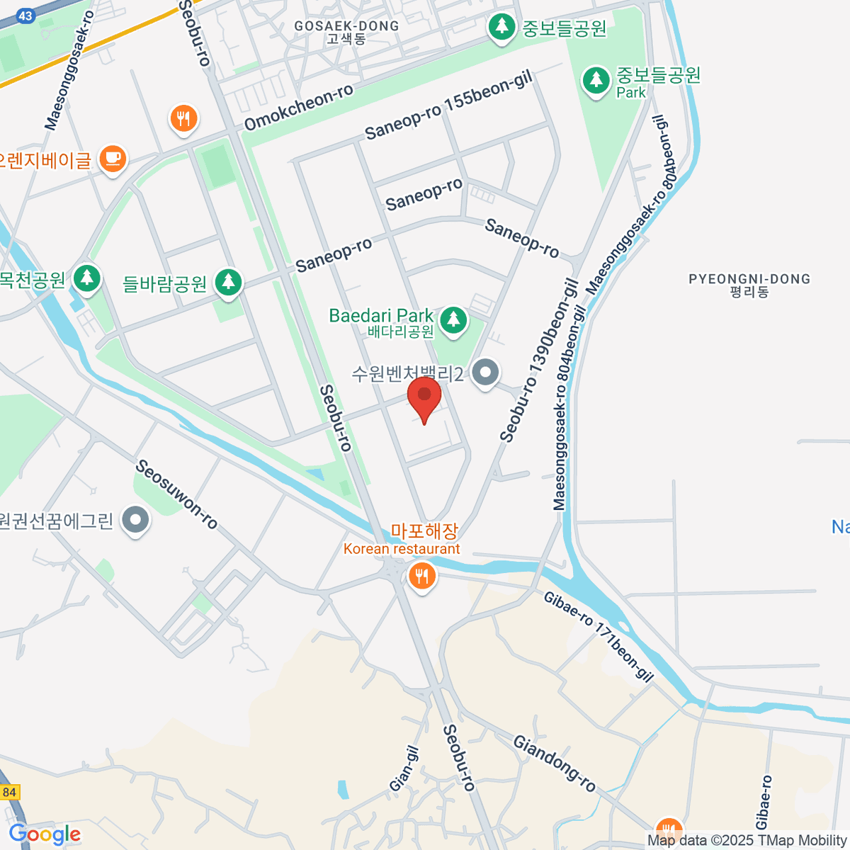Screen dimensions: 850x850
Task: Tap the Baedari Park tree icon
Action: point(453,320)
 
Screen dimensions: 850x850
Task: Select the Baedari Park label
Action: point(381,317)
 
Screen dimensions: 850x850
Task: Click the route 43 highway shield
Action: point(25,16)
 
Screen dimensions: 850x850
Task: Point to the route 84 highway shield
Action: point(9,793)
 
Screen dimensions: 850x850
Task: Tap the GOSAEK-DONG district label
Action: point(346,26)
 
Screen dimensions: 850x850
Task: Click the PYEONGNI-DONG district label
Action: point(749,279)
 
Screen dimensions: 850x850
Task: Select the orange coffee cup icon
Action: point(113,158)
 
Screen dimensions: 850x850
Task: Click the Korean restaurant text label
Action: point(402,549)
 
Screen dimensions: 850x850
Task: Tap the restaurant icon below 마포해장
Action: point(421,576)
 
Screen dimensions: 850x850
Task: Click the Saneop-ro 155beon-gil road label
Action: point(448,107)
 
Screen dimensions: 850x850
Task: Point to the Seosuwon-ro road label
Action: point(176,494)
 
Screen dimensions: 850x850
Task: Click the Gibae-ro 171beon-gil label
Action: point(599,636)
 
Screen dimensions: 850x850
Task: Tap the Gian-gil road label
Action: point(404,769)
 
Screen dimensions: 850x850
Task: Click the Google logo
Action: point(45,834)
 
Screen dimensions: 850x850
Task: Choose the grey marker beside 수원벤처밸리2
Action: point(486,372)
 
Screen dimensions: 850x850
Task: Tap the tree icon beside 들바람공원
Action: point(228,282)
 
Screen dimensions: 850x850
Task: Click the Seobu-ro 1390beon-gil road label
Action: point(539,361)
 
